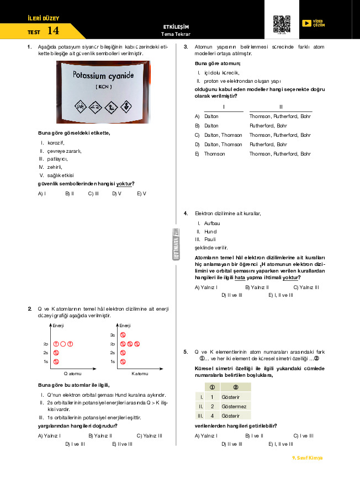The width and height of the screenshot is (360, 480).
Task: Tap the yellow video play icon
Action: tap(306, 23)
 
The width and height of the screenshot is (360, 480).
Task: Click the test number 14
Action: tap(53, 30)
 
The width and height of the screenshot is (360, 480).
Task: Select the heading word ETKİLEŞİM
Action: tap(176, 26)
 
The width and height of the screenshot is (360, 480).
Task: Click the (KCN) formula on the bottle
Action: tap(103, 87)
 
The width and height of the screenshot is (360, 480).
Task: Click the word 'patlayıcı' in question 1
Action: tap(56, 158)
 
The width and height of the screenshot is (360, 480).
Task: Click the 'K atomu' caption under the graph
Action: tap(139, 373)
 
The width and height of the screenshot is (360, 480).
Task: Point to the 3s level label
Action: tap(112, 335)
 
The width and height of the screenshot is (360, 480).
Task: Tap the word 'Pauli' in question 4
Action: tap(210, 239)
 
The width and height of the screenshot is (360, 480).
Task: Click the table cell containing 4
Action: tap(212, 415)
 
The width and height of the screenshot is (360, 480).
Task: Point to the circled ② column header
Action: tap(236, 387)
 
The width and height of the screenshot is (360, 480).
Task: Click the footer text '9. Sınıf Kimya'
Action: tap(307, 458)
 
